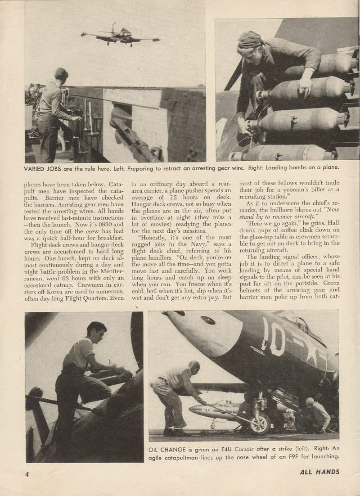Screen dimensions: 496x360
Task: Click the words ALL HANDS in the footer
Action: (319, 472)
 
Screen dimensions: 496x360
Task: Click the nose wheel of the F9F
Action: (261, 424)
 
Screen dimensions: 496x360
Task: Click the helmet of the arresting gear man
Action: (61, 73)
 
